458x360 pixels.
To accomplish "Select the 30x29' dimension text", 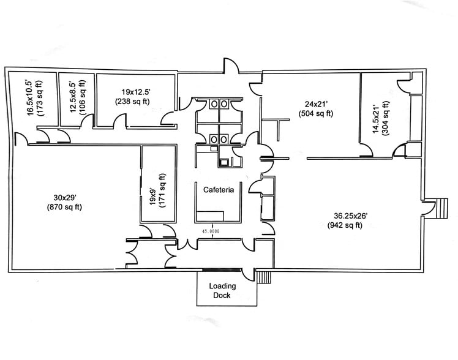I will tap(67, 197).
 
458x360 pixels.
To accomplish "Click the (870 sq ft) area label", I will tap(67, 207).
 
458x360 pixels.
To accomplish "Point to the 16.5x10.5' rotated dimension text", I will tap(28, 98).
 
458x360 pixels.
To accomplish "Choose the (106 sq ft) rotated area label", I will tap(83, 99).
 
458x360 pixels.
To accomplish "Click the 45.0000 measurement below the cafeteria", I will tap(212, 231).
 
